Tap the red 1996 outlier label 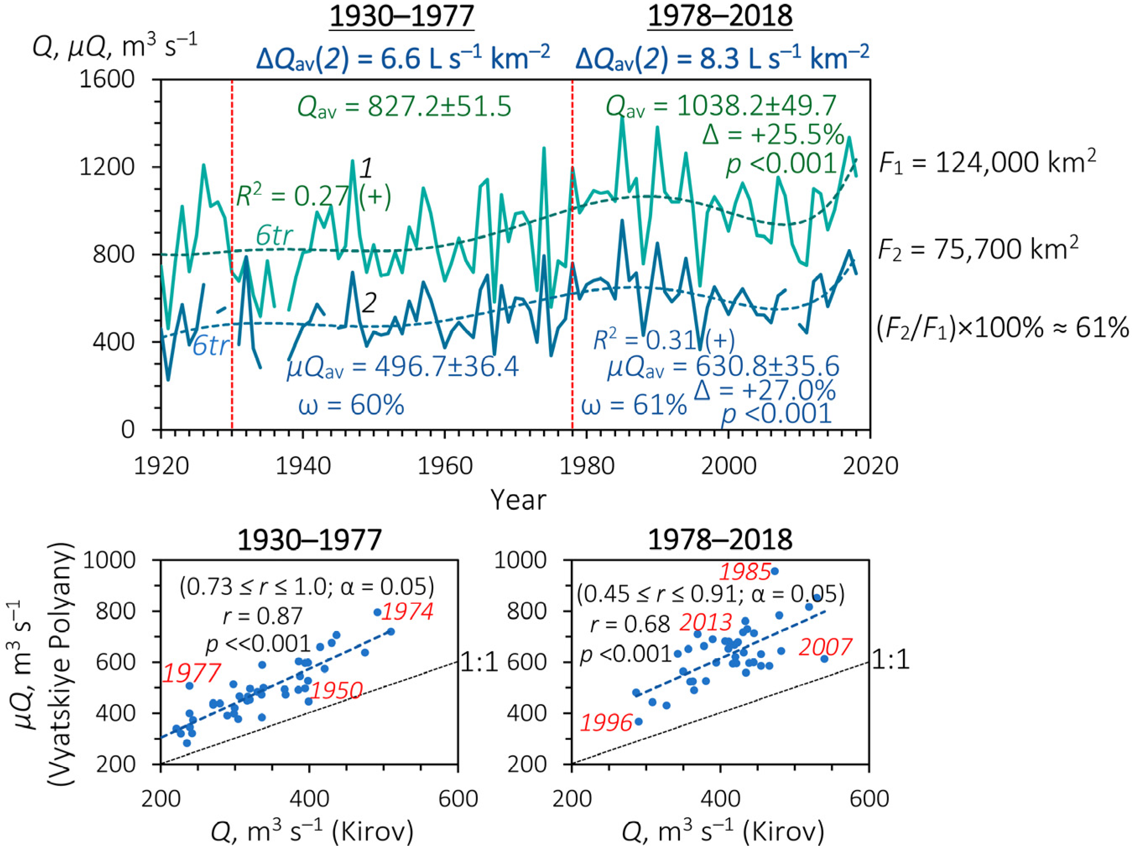[606, 723]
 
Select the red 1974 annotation [408, 611]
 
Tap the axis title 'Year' [518, 500]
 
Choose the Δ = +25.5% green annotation [773, 135]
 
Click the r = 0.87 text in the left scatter [263, 616]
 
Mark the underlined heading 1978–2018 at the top [720, 16]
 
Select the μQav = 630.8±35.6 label [723, 367]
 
